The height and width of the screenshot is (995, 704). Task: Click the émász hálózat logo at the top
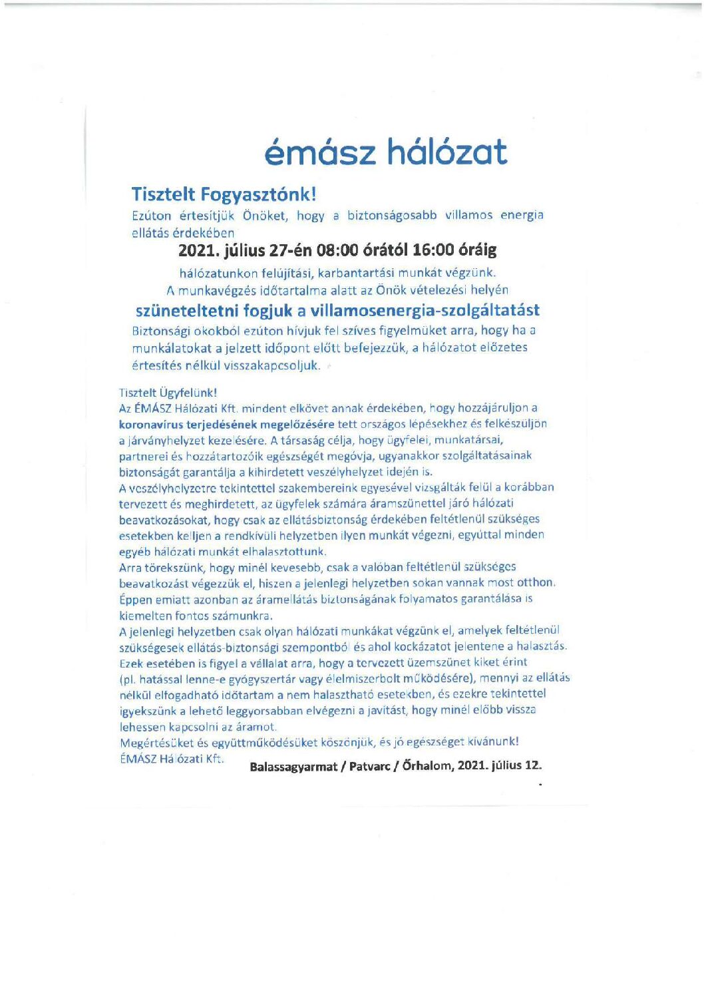pyautogui.click(x=385, y=152)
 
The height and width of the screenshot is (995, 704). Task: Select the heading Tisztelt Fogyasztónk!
pyautogui.click(x=224, y=194)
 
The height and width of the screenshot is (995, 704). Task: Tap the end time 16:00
pyautogui.click(x=433, y=250)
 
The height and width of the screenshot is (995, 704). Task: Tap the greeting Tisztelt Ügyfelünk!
pyautogui.click(x=168, y=393)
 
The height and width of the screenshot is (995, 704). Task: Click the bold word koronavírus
pyautogui.click(x=152, y=424)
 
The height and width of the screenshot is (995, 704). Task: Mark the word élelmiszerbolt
pyautogui.click(x=363, y=679)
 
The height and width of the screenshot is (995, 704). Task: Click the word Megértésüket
pyautogui.click(x=157, y=743)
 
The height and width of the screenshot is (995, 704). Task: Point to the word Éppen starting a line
pyautogui.click(x=136, y=600)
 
